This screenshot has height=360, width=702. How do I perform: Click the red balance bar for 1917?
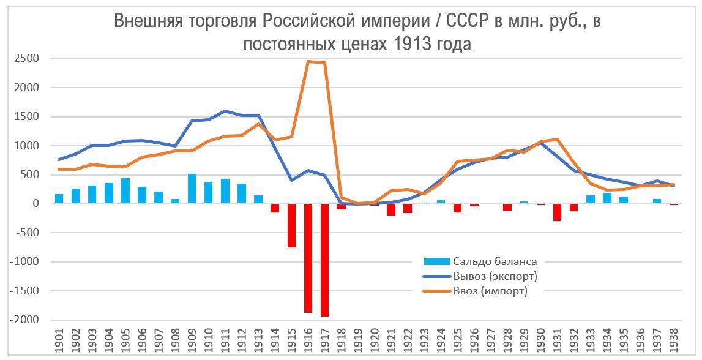pyautogui.click(x=324, y=260)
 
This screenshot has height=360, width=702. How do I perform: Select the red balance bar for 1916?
pyautogui.click(x=308, y=258)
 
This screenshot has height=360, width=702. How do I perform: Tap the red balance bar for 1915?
pyautogui.click(x=291, y=225)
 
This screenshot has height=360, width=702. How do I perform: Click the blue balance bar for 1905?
pyautogui.click(x=125, y=191)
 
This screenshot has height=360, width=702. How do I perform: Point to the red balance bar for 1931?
pyautogui.click(x=557, y=212)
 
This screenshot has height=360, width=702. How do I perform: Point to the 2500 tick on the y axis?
pyautogui.click(x=28, y=59)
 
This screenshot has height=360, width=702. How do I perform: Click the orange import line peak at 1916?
pyautogui.click(x=308, y=61)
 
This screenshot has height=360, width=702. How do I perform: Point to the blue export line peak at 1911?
pyautogui.click(x=225, y=111)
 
